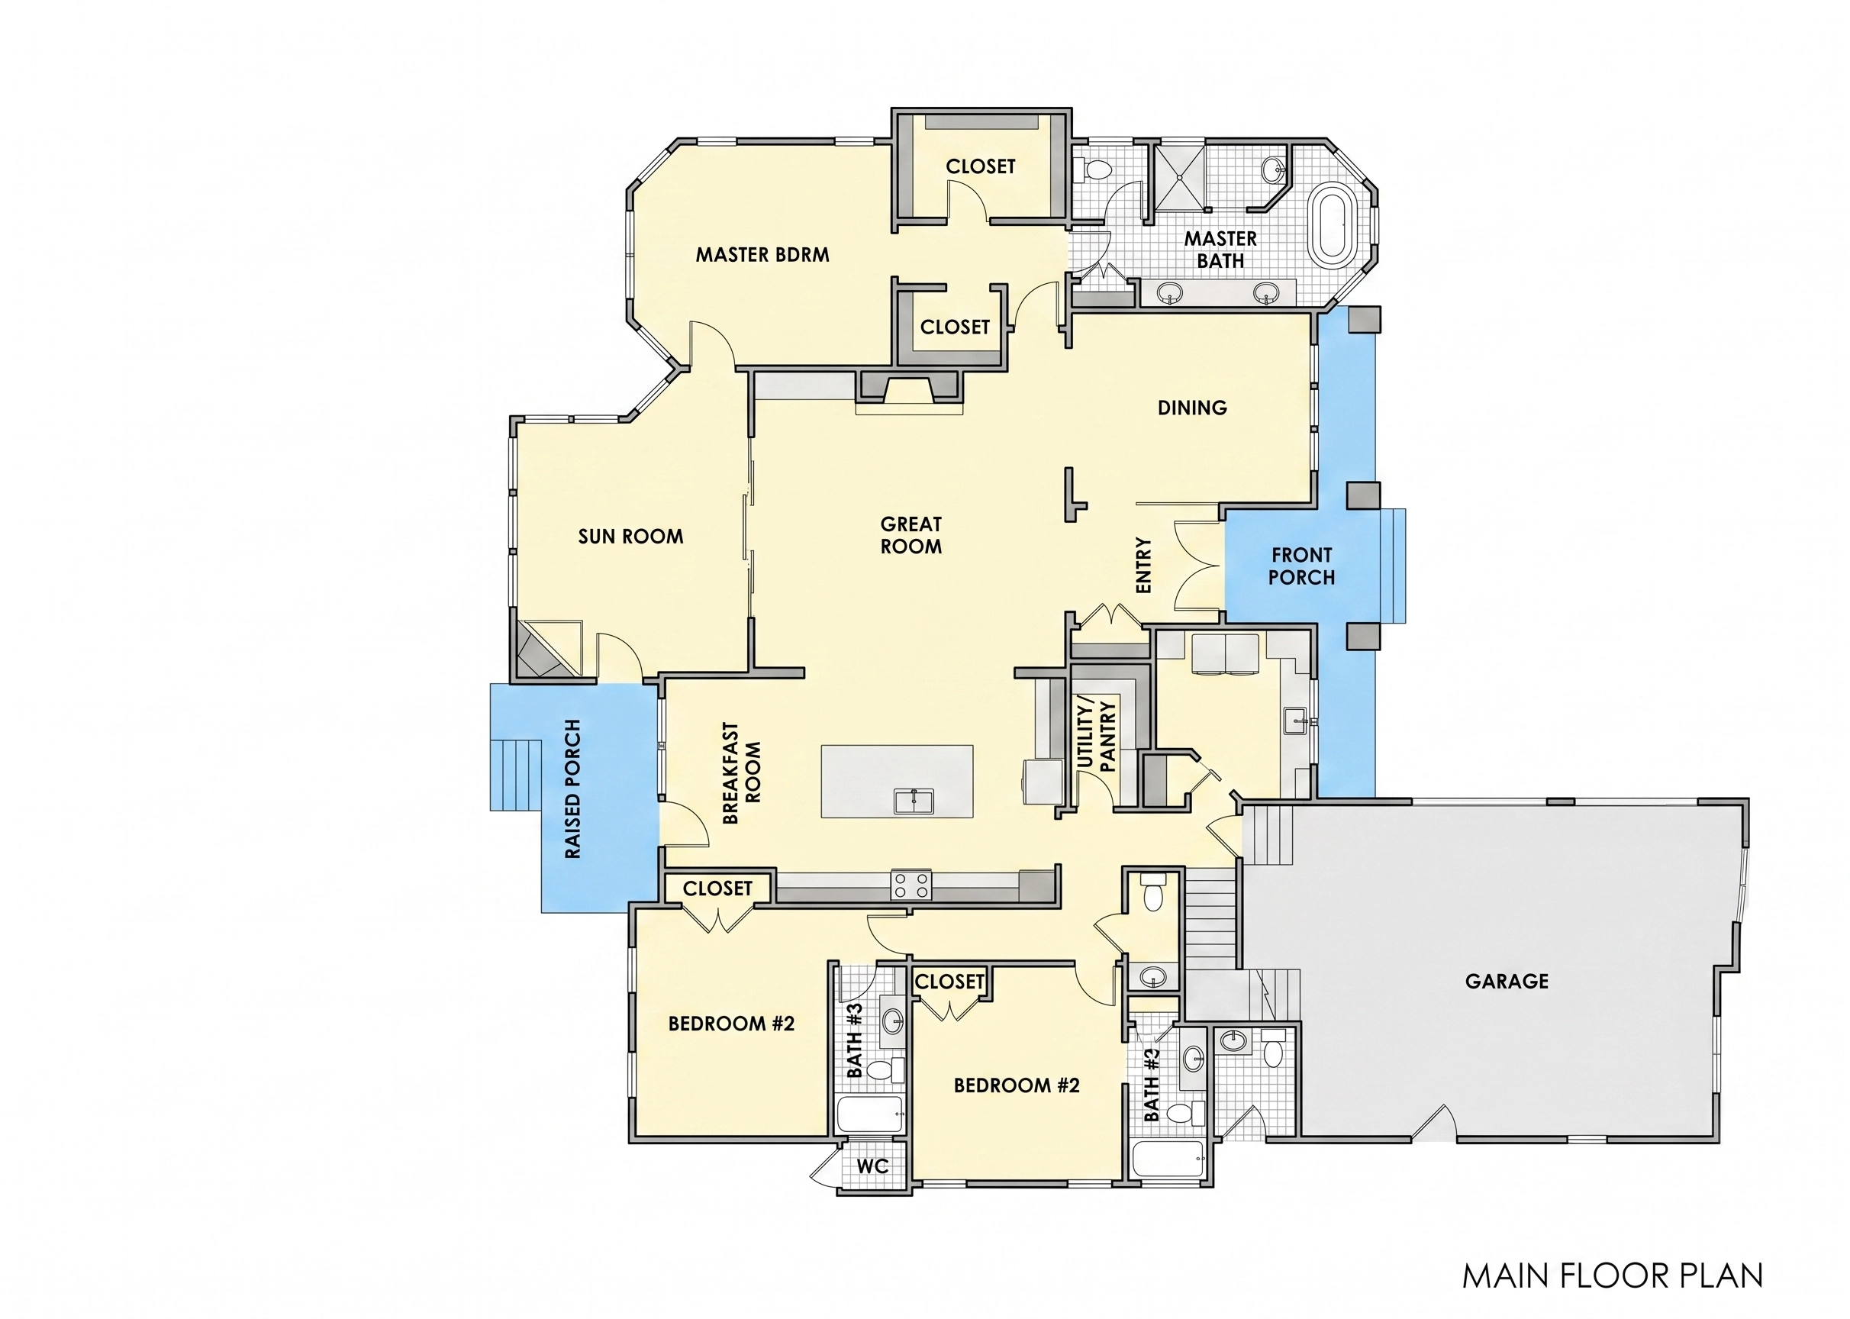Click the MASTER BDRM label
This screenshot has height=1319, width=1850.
[762, 255]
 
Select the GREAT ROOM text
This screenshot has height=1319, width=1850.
[911, 535]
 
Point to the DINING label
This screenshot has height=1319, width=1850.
[1192, 408]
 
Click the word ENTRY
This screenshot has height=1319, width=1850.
[1143, 566]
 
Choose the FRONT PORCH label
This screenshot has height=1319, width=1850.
[1302, 566]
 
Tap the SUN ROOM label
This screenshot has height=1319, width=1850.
[630, 536]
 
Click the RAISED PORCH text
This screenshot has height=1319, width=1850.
[572, 788]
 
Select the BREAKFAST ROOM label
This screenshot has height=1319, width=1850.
[743, 773]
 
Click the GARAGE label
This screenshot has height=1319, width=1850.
[1507, 981]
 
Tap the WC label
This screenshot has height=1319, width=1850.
[872, 1166]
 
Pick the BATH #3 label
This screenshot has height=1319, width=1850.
[853, 1040]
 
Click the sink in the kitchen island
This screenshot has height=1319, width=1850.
[914, 801]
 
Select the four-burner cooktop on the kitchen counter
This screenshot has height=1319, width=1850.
[911, 885]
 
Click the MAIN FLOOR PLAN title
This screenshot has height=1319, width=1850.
[1612, 1276]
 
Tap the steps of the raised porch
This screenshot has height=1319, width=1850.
[517, 775]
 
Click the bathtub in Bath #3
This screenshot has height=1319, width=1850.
[870, 1114]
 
